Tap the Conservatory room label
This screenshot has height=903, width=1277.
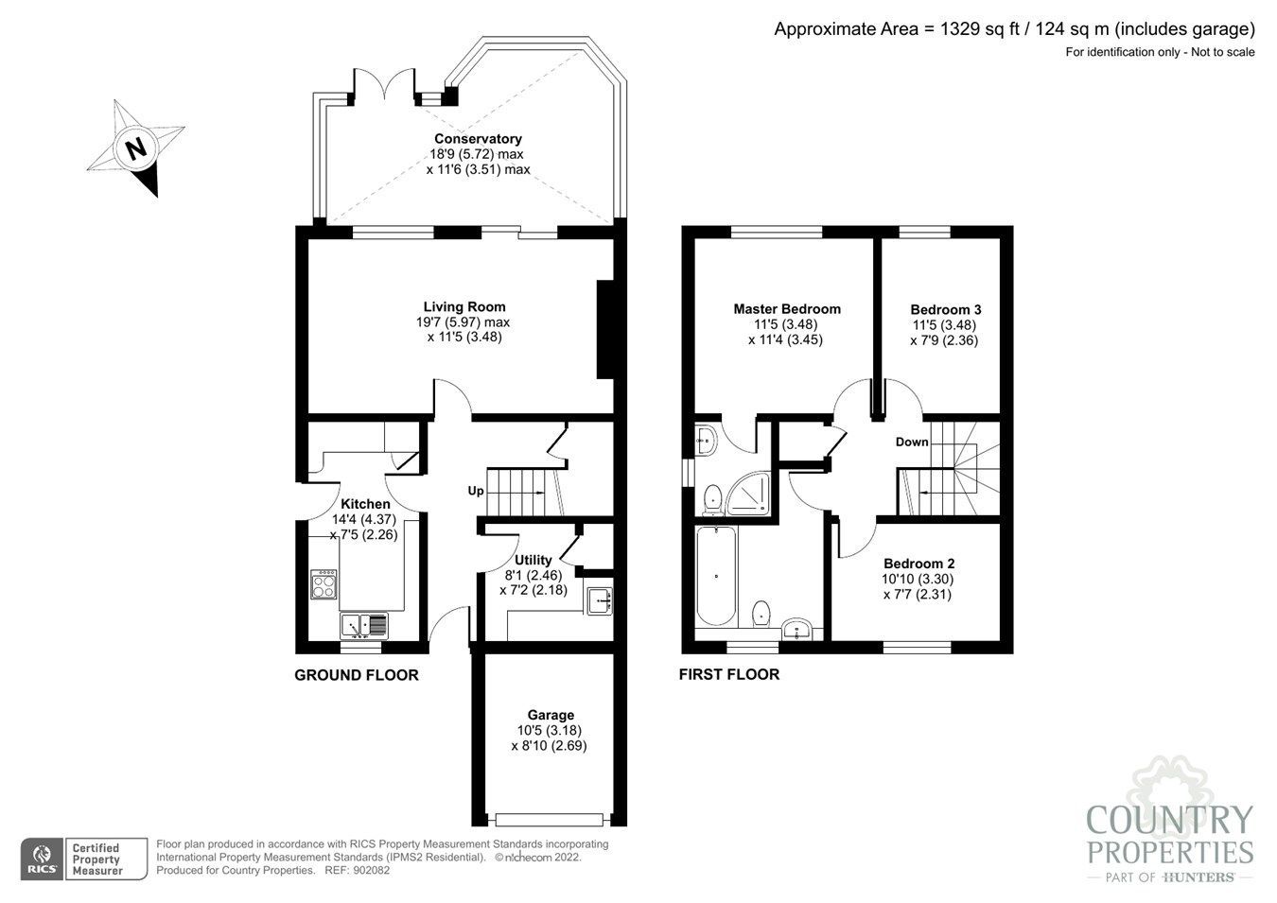coord(478,139)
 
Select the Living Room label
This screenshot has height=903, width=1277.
coord(464,306)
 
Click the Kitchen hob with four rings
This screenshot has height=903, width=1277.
coord(324,584)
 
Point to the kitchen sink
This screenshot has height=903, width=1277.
coord(363,624)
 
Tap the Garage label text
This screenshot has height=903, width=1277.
coord(551,715)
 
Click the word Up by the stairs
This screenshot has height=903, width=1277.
coord(476,491)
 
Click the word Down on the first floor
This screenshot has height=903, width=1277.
coord(912,442)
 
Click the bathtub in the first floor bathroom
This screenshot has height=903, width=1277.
coord(715,577)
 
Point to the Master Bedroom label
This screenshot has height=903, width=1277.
coord(787,308)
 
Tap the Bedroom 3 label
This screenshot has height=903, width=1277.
coord(945,309)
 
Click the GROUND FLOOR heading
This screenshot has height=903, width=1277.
coord(356,675)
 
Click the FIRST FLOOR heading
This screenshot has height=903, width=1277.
coord(728,675)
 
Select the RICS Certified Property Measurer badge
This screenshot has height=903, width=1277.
coord(85,859)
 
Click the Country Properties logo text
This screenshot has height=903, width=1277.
coord(1170,835)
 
